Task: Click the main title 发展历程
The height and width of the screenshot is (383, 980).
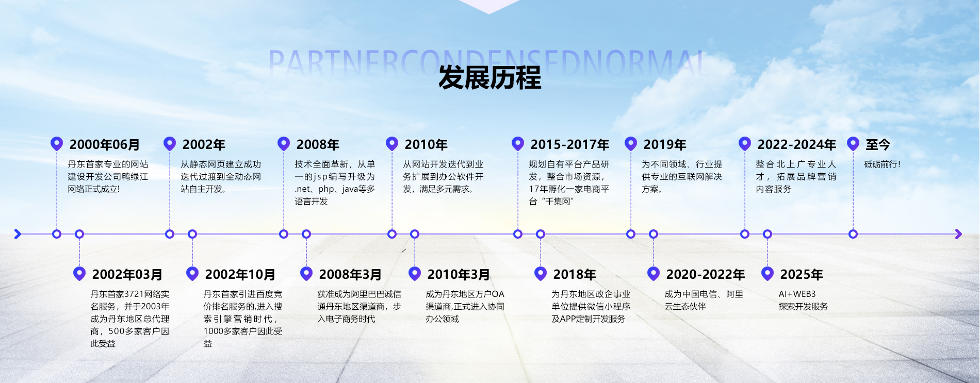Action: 489,78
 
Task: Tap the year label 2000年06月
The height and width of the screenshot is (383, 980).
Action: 105,145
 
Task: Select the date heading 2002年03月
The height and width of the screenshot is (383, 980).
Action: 127,275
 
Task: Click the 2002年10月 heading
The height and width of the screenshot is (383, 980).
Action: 240,275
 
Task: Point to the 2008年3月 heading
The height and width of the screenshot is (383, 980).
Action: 350,275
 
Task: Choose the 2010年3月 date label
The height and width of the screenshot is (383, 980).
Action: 459,275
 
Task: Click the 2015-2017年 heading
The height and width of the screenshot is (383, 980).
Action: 570,145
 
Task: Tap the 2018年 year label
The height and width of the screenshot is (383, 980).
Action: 575,275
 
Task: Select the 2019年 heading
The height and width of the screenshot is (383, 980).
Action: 665,145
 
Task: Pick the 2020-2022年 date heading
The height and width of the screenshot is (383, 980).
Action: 706,275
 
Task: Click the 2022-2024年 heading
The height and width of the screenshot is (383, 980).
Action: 797,145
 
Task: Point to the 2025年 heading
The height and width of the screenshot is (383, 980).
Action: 802,275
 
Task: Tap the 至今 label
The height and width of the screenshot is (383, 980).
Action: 878,145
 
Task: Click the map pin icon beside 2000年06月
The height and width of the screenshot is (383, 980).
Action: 57,143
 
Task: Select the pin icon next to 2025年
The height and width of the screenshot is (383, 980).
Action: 767,273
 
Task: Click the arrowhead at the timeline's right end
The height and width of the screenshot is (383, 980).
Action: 958,234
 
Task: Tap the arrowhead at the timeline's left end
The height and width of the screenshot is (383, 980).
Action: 18,234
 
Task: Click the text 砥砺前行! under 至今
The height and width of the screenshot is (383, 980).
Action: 883,164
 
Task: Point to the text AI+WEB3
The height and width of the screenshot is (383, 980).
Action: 797,294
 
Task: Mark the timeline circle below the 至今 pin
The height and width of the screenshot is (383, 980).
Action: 853,234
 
